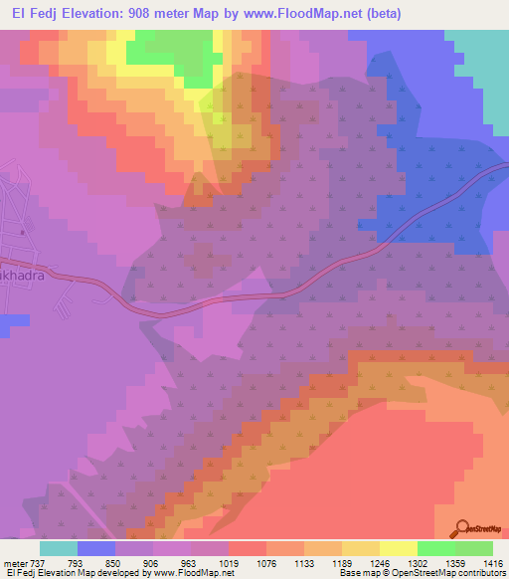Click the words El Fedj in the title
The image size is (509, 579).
(33, 14)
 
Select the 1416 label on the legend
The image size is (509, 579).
(493, 563)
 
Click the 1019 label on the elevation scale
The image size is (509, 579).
(229, 563)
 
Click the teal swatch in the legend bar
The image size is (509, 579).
(59, 548)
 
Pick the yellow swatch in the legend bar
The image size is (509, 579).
(398, 548)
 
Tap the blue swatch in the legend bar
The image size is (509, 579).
(96, 548)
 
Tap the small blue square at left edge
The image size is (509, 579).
(12, 322)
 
